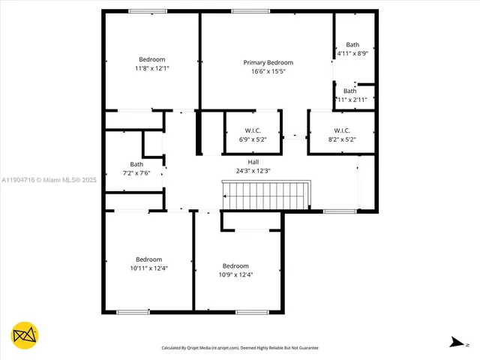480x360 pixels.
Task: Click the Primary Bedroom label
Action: pyautogui.click(x=268, y=62)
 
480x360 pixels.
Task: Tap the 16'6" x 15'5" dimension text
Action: pyautogui.click(x=268, y=71)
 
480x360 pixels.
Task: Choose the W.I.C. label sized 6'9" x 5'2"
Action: pyautogui.click(x=252, y=130)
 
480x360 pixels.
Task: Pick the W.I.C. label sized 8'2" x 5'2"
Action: pyautogui.click(x=341, y=130)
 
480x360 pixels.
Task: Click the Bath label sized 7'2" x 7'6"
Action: pyautogui.click(x=136, y=163)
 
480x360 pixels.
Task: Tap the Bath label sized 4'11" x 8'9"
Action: pyautogui.click(x=352, y=44)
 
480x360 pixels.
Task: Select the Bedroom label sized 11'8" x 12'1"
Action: pyautogui.click(x=151, y=59)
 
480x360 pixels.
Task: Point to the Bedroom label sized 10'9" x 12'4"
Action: pyautogui.click(x=235, y=265)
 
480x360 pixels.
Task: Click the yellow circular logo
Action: pyautogui.click(x=25, y=335)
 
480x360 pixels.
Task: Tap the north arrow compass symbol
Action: pyautogui.click(x=457, y=342)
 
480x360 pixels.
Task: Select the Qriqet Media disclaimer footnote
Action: pyautogui.click(x=240, y=348)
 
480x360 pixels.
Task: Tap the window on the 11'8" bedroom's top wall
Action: pyautogui.click(x=148, y=11)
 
